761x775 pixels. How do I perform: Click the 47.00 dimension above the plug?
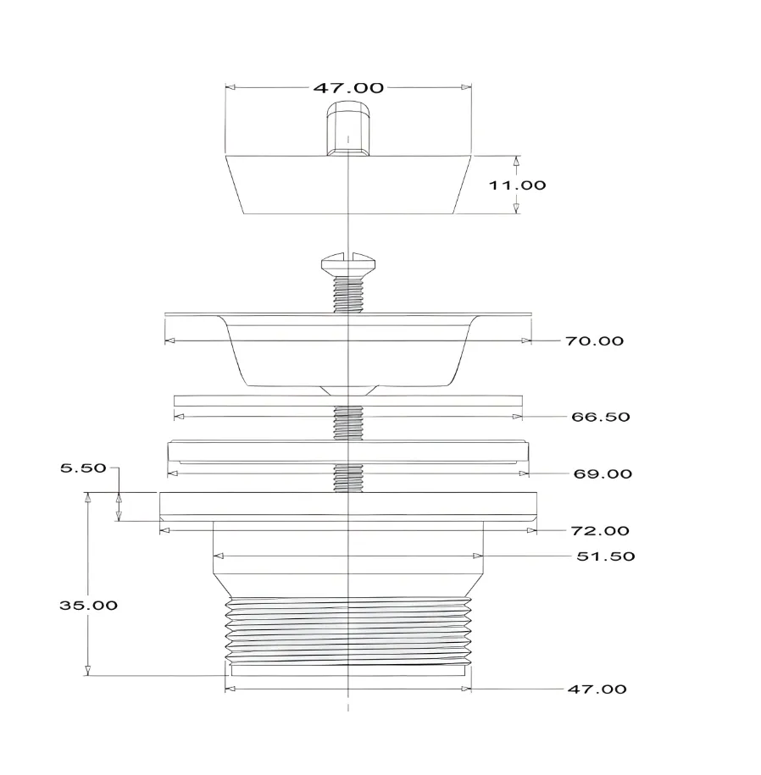[348, 88]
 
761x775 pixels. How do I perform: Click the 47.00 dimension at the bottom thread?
[597, 689]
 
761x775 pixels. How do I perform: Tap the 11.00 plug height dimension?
[517, 185]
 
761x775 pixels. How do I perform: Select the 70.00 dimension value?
[594, 341]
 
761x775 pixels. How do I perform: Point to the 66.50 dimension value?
[600, 417]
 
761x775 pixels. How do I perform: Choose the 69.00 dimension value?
[603, 474]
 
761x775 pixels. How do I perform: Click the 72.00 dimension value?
[600, 531]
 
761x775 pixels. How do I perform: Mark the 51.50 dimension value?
[605, 556]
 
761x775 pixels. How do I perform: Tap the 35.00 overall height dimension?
[88, 606]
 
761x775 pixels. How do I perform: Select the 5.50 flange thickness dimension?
[83, 468]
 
